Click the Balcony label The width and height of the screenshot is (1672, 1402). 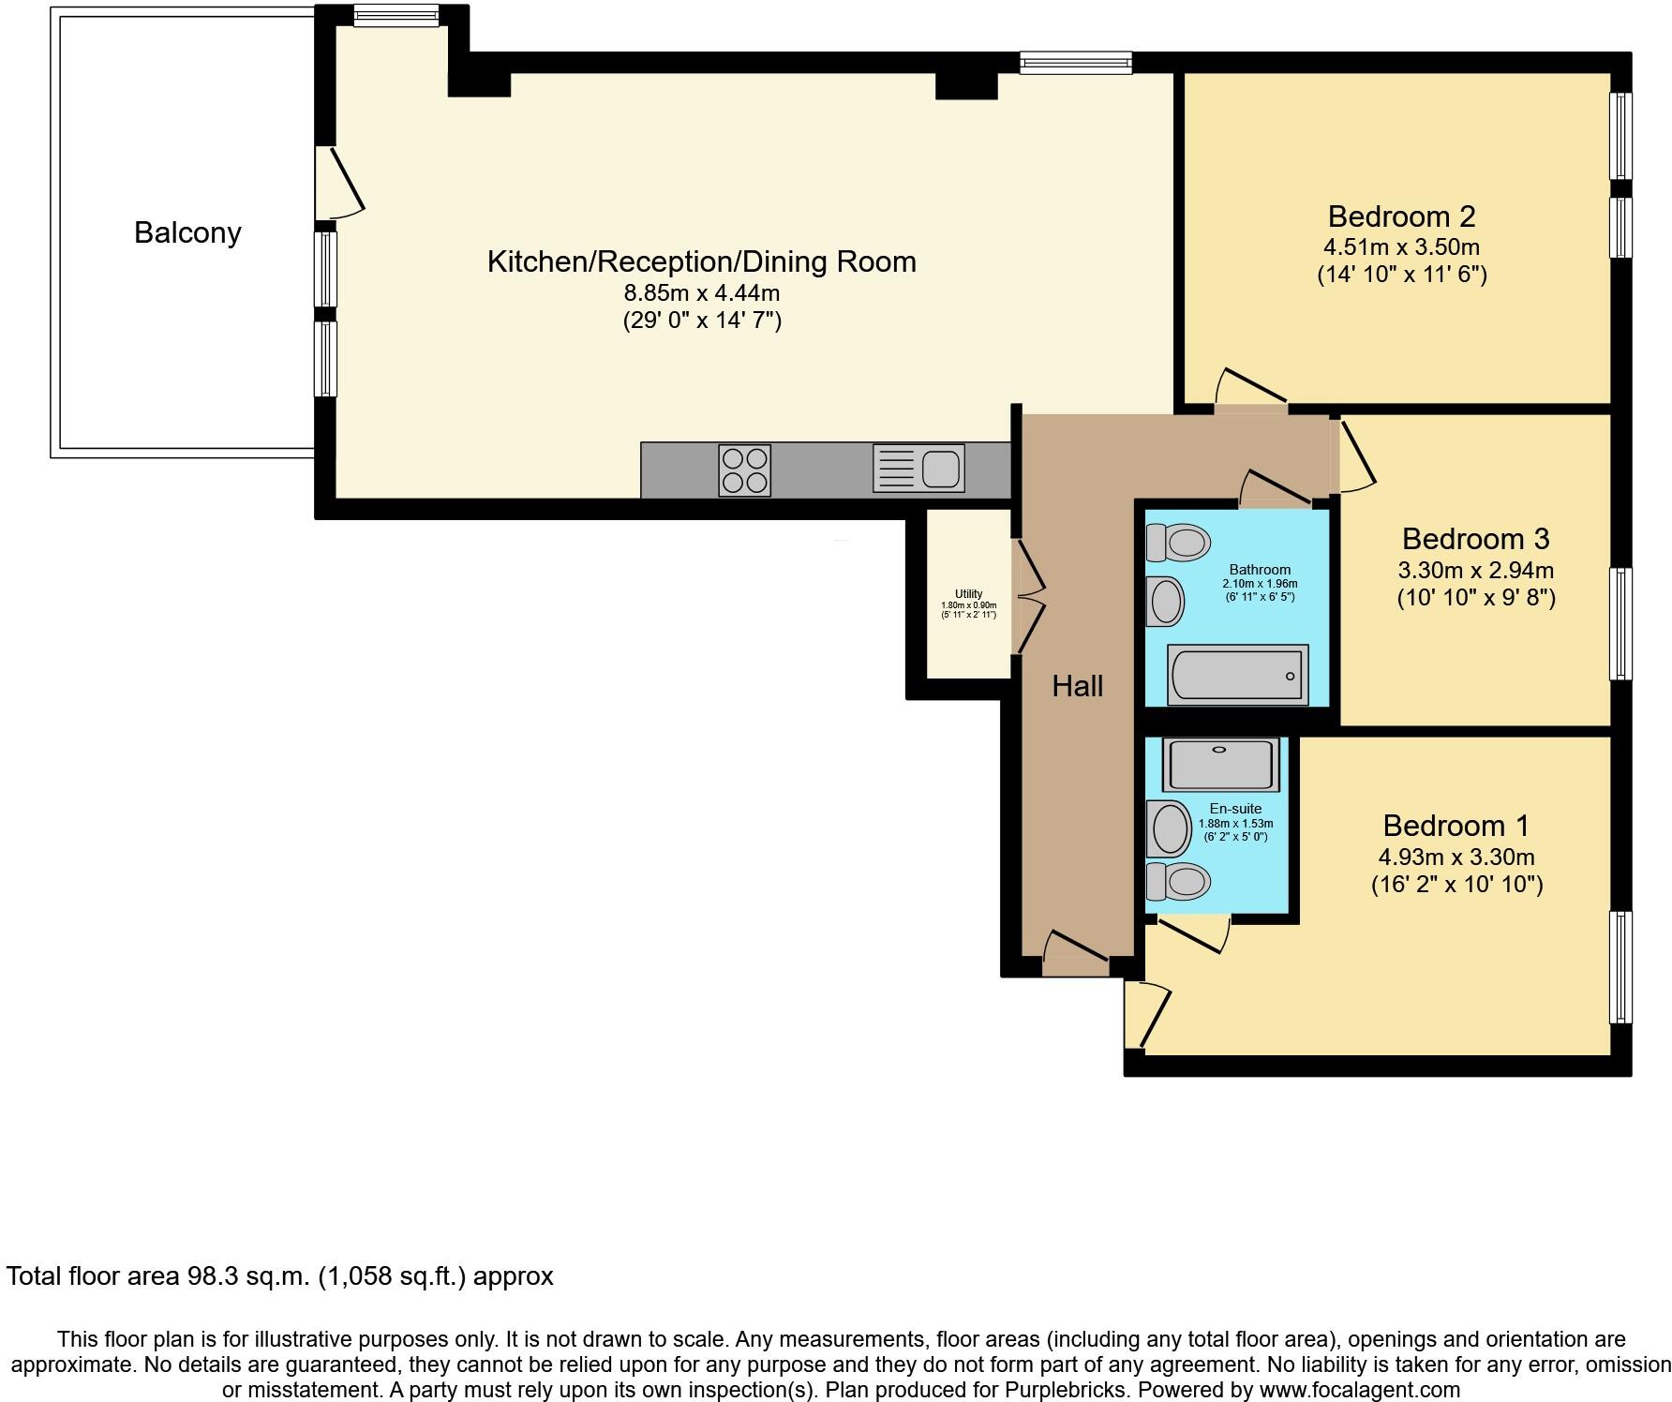[187, 232]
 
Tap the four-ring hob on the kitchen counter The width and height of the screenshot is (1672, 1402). [744, 470]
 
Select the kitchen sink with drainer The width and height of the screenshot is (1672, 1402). [918, 468]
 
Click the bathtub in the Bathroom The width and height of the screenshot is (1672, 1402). [1237, 674]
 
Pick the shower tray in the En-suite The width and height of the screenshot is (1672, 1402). [1218, 764]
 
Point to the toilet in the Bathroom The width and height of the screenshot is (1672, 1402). [1179, 542]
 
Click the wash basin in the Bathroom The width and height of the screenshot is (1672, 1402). [1166, 601]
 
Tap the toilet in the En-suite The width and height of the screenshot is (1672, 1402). [1178, 881]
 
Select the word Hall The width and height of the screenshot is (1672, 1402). [1077, 686]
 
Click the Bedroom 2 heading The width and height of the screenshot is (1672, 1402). [1401, 216]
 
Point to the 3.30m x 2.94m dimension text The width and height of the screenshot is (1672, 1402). [1475, 570]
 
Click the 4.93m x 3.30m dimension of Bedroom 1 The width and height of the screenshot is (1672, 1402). [1456, 857]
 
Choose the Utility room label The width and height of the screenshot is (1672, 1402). [968, 593]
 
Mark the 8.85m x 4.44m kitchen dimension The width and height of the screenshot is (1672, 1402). [702, 293]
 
